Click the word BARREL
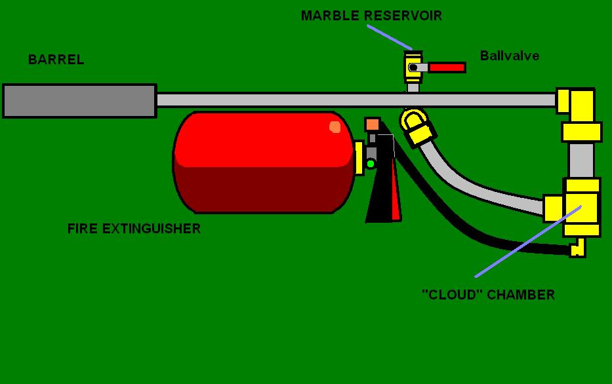[56, 60]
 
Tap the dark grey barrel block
[79, 101]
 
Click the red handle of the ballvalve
[447, 67]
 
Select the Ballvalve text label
[509, 56]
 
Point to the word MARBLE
[330, 16]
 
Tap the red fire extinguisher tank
[262, 162]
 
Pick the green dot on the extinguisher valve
[371, 163]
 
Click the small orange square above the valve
[372, 125]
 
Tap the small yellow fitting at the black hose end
[577, 248]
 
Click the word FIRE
[81, 229]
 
